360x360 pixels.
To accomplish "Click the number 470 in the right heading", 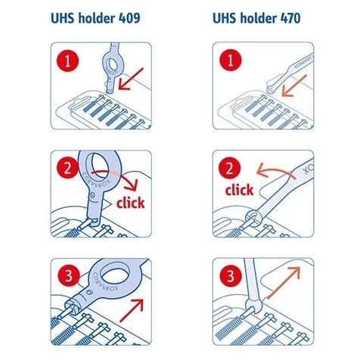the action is (x=290, y=18).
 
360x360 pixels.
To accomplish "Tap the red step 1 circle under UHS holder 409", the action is (x=67, y=61).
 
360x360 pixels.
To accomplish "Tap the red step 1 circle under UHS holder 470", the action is (x=231, y=61).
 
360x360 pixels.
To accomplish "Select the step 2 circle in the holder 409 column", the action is (x=67, y=168).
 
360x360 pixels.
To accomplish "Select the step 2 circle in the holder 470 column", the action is (x=229, y=168).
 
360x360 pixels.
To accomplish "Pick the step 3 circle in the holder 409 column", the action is (x=69, y=276).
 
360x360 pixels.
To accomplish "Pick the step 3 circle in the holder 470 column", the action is (x=231, y=276).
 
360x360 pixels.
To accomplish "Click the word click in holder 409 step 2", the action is (x=131, y=203).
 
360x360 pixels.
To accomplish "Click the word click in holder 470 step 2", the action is (x=239, y=190).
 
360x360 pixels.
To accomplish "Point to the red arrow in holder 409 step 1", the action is (x=130, y=79).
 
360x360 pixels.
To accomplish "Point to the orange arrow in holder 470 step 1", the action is (x=293, y=86).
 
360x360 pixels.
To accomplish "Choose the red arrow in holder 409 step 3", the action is (x=132, y=310).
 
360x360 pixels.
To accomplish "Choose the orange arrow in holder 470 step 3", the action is (x=284, y=283).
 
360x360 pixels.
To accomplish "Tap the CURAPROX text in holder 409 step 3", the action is (x=105, y=281).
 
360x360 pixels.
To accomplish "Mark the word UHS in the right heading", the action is (x=224, y=18).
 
